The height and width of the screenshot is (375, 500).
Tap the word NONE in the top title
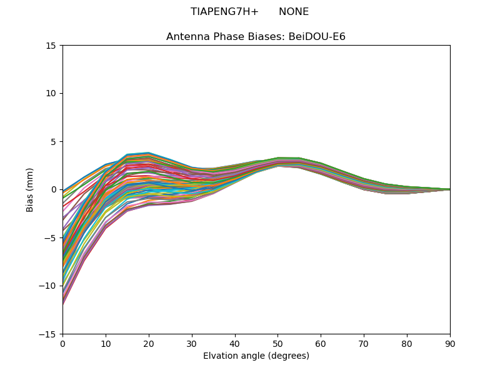[294, 12]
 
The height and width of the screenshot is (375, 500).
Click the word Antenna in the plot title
[186, 37]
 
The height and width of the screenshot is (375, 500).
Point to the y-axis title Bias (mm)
[30, 189]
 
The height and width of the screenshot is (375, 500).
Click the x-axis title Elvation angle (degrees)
[256, 356]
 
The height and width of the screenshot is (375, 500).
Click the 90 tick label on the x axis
[450, 343]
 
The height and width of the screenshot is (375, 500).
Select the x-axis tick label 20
[149, 343]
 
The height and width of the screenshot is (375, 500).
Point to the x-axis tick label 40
[235, 343]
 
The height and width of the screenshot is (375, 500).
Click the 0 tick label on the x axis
[62, 343]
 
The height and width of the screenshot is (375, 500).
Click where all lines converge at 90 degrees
[449, 189]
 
